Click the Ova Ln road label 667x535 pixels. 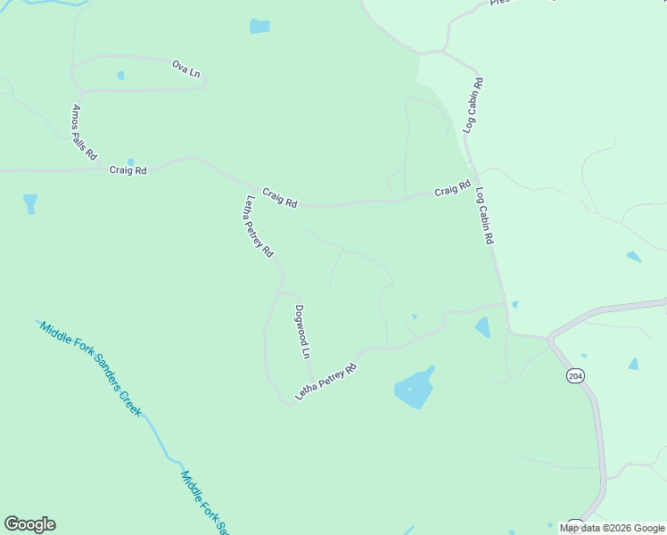click(185, 68)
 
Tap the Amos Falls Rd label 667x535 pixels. click(85, 131)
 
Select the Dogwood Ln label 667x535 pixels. click(303, 332)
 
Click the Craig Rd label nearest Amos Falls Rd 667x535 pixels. click(128, 169)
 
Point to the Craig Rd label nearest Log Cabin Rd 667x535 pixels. click(452, 190)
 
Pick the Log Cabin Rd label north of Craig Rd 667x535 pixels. click(473, 106)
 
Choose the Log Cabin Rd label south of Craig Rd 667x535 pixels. click(484, 216)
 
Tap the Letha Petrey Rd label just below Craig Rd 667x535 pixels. click(259, 226)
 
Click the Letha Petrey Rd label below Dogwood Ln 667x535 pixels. click(326, 382)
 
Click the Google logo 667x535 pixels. click(29, 524)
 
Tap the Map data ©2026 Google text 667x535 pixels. click(613, 528)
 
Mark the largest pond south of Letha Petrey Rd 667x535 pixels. click(414, 390)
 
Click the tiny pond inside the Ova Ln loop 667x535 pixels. click(120, 76)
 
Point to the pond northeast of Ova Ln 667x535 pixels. click(259, 26)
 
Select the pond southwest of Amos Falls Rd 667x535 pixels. click(31, 204)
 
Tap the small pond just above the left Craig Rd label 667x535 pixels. click(130, 161)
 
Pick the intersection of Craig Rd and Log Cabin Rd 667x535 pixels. click(475, 175)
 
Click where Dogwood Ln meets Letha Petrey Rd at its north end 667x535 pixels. click(280, 291)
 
